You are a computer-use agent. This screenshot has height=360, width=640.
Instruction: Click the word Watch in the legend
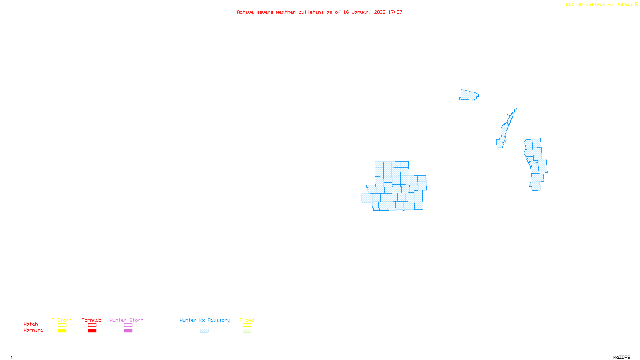[31, 324]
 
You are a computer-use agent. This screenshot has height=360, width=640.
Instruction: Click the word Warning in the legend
[33, 330]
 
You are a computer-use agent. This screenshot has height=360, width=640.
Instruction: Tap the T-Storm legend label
[62, 320]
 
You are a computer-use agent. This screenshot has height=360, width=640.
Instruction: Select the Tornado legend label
[92, 320]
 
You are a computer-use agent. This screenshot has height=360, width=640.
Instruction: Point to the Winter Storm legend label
[126, 320]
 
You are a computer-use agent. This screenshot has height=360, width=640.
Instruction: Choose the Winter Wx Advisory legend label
[205, 320]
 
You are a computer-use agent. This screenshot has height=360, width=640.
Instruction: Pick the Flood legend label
[247, 320]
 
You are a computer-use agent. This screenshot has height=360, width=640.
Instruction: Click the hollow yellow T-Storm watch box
[62, 325]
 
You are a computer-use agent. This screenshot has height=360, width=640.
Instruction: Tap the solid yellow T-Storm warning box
[62, 331]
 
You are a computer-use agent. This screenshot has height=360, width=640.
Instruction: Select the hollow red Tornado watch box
[92, 325]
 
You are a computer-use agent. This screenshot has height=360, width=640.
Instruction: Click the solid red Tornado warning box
[92, 331]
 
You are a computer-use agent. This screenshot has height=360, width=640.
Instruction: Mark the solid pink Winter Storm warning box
[128, 331]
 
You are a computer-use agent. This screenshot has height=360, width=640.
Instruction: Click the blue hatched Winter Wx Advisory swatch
[204, 331]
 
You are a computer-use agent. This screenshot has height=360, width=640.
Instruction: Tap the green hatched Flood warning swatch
[247, 331]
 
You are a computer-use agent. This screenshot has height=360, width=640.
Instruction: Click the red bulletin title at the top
[320, 12]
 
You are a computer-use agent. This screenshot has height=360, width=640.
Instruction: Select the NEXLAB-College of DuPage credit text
[600, 5]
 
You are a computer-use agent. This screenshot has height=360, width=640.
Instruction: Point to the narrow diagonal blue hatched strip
[505, 130]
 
